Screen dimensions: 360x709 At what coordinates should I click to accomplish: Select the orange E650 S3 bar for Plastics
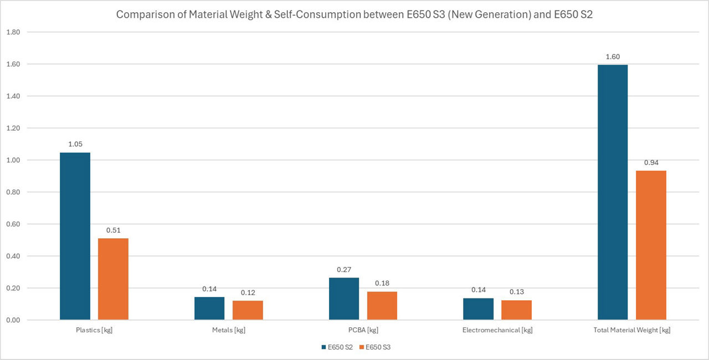(113, 279)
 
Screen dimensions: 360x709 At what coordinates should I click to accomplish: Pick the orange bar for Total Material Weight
(651, 245)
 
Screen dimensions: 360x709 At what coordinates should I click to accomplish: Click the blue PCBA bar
(344, 299)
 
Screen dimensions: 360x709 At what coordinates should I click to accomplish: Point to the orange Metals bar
(248, 310)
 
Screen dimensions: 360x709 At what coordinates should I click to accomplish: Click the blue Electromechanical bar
(478, 309)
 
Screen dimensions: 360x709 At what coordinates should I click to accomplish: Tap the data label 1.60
(613, 56)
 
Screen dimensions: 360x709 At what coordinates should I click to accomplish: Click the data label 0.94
(651, 162)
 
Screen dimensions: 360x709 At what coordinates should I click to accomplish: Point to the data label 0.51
(113, 230)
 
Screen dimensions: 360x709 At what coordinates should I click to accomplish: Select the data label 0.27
(344, 270)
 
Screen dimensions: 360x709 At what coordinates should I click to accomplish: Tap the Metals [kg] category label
(229, 330)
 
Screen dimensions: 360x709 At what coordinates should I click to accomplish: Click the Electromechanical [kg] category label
(497, 330)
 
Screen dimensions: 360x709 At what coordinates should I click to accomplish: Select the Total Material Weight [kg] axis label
(632, 330)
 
